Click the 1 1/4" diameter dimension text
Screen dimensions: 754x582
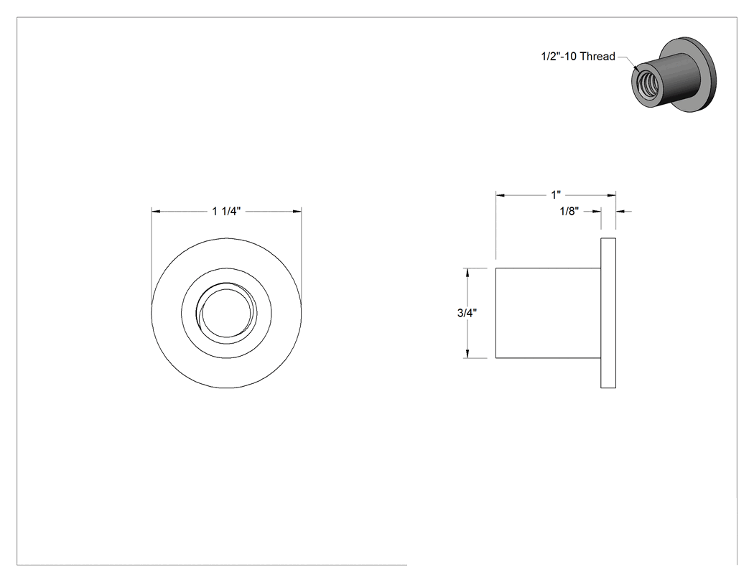tap(226, 211)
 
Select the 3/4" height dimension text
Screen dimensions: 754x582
tap(467, 313)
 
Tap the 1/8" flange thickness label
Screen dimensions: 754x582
tap(569, 211)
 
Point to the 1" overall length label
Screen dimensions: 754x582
tap(556, 194)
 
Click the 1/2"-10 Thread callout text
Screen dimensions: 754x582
tap(578, 56)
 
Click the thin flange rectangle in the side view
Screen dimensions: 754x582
tap(608, 313)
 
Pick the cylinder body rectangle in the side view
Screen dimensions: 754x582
tap(548, 313)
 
